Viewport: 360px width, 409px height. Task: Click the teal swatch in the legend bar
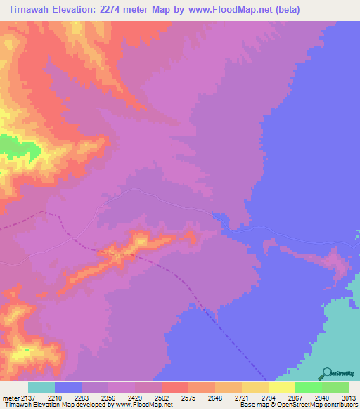(x=41, y=388)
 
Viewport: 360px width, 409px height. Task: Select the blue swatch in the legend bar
(x=68, y=388)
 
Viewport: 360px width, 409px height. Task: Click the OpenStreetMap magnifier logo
(x=326, y=372)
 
